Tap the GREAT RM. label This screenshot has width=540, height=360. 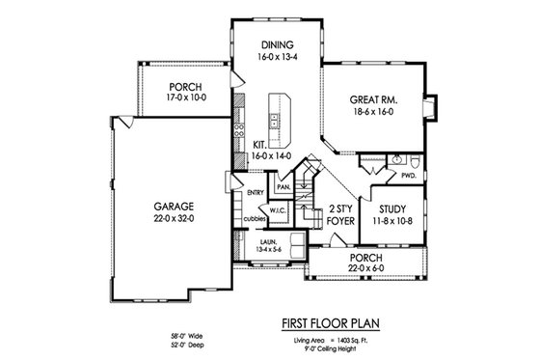375,98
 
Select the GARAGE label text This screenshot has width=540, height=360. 175,207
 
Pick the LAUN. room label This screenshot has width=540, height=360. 267,237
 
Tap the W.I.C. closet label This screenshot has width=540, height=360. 277,209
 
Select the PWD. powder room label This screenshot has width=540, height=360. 408,176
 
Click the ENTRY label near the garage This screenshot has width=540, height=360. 256,192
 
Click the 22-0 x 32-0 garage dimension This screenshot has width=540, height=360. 175,219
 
